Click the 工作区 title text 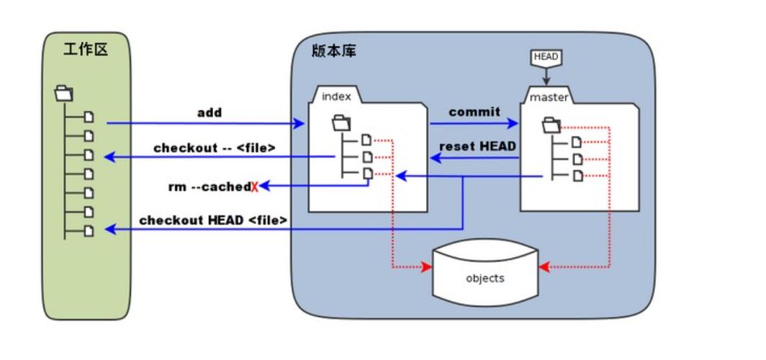click(86, 50)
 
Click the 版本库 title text click(333, 51)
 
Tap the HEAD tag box click(546, 57)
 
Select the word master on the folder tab click(549, 97)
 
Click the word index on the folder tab click(336, 96)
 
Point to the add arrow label click(209, 112)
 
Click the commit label click(474, 112)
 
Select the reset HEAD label click(477, 146)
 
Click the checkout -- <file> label click(214, 148)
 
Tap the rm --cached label click(208, 186)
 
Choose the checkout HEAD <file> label click(213, 220)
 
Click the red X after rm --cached click(255, 187)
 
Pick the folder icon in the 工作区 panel click(64, 93)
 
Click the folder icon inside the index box click(341, 123)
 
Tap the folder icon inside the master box click(551, 125)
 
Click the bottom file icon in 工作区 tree click(89, 230)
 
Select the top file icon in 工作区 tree click(89, 117)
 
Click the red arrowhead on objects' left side click(426, 267)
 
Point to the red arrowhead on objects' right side click(544, 267)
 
